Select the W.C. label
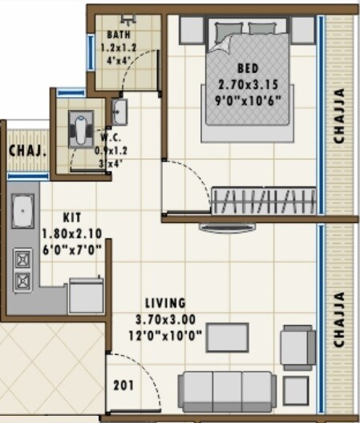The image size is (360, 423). click(109, 136)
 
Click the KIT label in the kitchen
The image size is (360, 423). click(71, 217)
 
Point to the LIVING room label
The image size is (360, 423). click(165, 303)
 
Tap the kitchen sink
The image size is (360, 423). click(22, 210)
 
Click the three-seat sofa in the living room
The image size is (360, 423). click(228, 391)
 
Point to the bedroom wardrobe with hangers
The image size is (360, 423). click(263, 198)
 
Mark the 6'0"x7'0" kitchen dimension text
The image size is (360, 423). click(71, 249)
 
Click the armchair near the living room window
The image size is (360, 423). click(297, 346)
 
